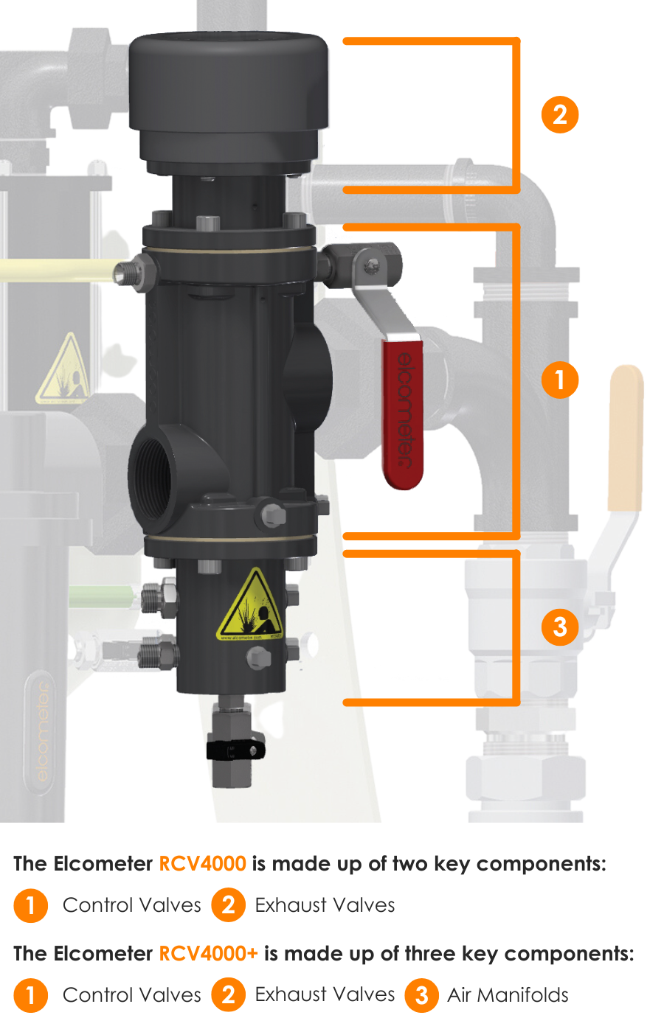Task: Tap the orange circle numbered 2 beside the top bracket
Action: click(x=560, y=115)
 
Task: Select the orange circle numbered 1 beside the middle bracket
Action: click(x=560, y=380)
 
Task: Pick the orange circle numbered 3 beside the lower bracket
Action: click(x=560, y=627)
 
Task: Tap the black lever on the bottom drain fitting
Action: click(x=235, y=750)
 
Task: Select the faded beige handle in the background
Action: click(x=626, y=438)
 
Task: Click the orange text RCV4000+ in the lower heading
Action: click(x=208, y=954)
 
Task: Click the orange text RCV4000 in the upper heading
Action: click(x=202, y=864)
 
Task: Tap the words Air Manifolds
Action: click(x=508, y=995)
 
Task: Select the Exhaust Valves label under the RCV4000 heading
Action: click(x=325, y=905)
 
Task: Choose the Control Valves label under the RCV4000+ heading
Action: click(x=132, y=995)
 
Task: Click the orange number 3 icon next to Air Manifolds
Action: click(x=421, y=995)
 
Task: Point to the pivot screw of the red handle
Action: click(x=372, y=265)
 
